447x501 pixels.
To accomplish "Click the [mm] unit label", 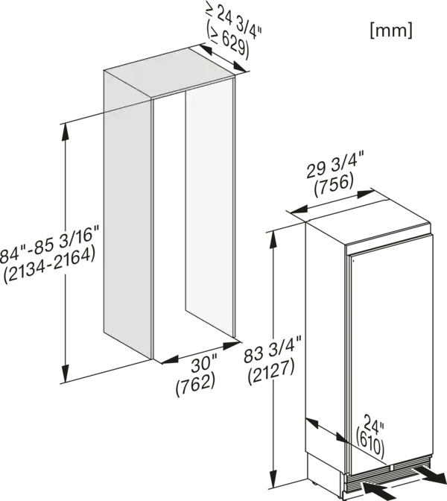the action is point(391,31).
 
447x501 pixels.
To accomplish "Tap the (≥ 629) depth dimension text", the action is point(227,42).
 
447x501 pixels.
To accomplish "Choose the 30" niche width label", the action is point(204,365).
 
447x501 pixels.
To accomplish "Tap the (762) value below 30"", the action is point(195,385).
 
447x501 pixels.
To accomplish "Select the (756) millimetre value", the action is point(334,185).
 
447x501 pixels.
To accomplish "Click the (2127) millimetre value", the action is point(271,371).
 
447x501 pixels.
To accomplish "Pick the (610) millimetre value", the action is point(370,442).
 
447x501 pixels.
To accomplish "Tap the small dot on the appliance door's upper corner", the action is point(354,260).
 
